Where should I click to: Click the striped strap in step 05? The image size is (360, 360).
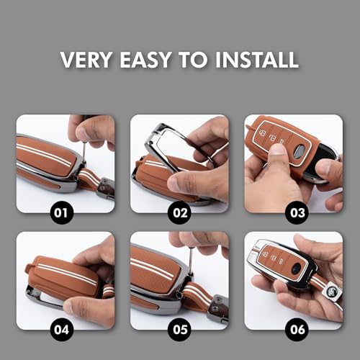point(197,294)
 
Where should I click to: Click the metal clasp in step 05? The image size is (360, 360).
point(216,310)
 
